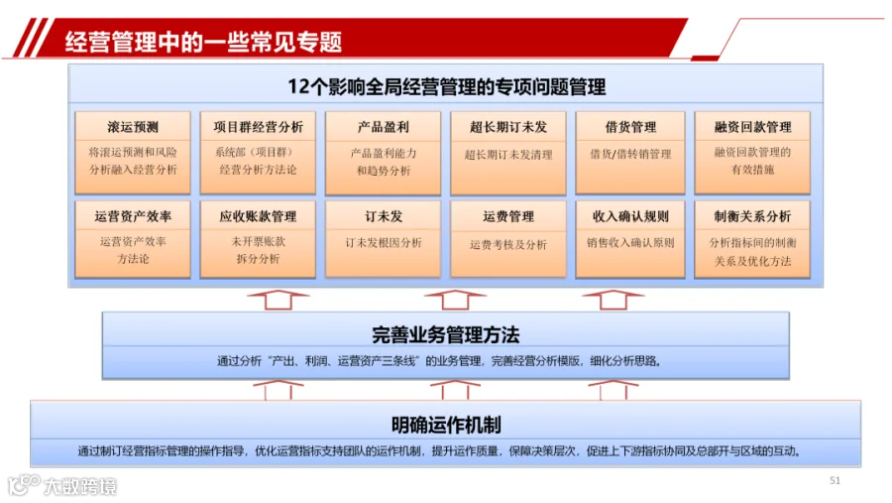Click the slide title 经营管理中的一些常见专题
click(203, 42)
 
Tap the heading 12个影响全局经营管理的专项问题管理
click(447, 87)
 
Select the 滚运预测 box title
click(133, 127)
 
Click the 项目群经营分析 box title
click(259, 127)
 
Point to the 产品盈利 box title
click(383, 127)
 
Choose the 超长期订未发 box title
click(508, 127)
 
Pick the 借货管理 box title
click(630, 127)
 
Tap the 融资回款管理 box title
click(752, 127)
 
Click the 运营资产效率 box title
click(133, 216)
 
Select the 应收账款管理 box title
click(259, 216)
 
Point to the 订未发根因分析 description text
click(384, 243)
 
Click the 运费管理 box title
click(508, 216)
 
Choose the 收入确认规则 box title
click(630, 216)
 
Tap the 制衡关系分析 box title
click(752, 216)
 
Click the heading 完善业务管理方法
click(445, 335)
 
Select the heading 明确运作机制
click(446, 425)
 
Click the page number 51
click(835, 481)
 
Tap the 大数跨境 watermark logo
click(61, 486)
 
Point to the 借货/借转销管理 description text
click(630, 154)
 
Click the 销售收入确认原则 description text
click(630, 243)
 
